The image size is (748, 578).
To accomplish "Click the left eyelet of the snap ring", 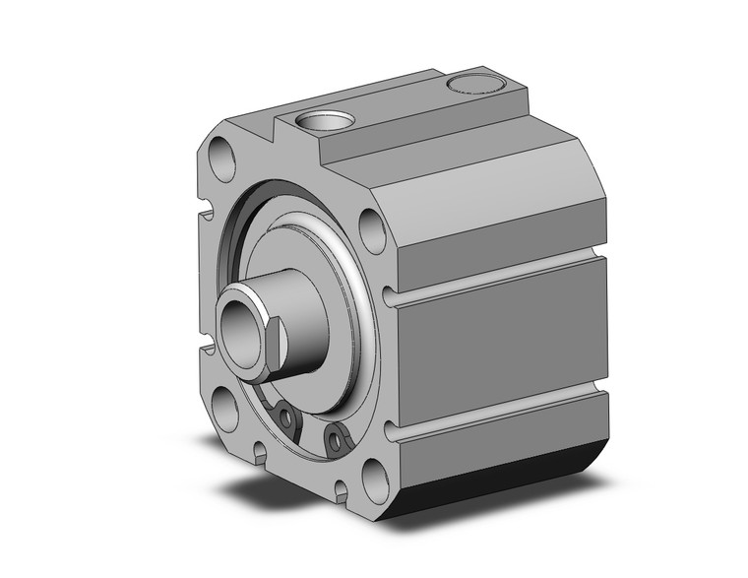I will (x=286, y=418).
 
